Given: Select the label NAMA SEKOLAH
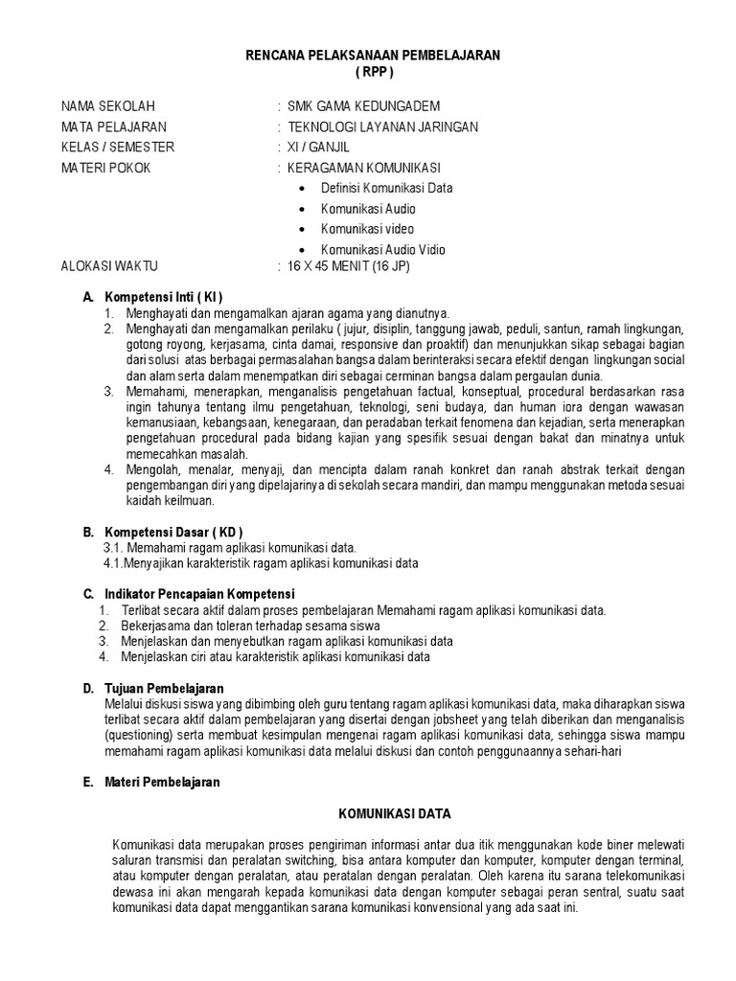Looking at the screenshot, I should click(x=107, y=106).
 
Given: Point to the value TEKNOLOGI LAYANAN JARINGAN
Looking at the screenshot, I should click(x=383, y=126).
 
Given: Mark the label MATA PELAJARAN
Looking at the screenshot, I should click(x=113, y=126).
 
